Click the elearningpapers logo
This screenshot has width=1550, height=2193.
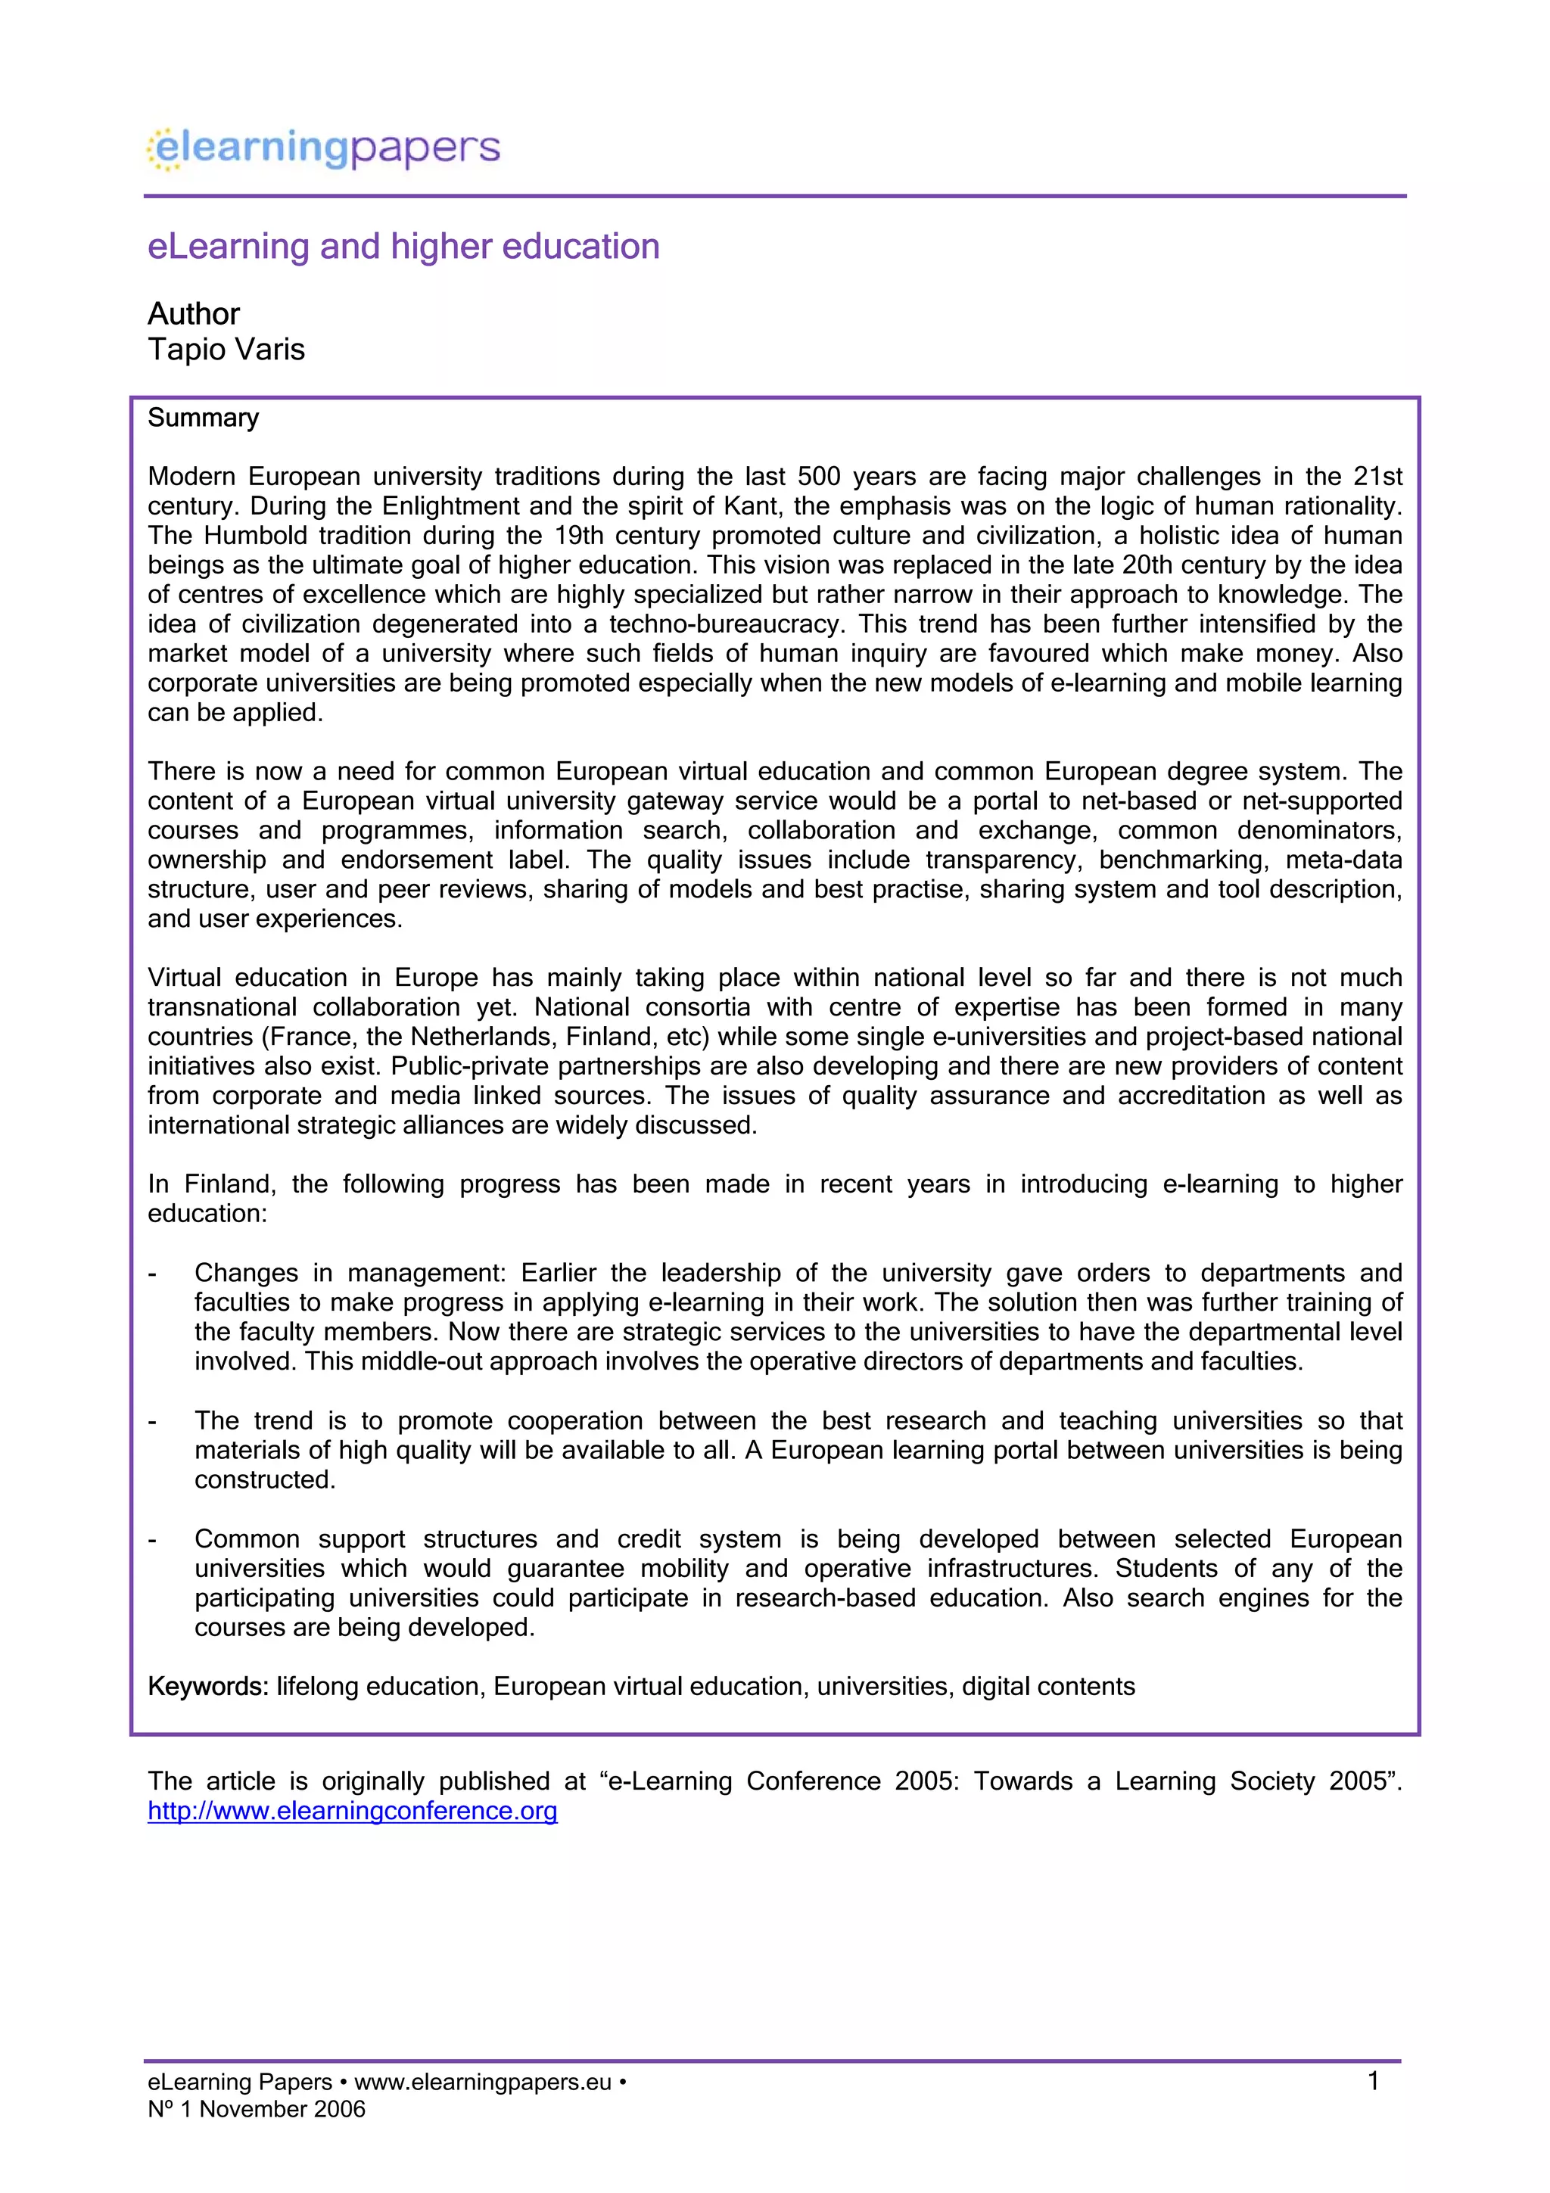(323, 149)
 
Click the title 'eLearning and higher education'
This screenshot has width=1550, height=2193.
(403, 247)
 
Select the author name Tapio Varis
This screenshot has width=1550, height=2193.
(226, 350)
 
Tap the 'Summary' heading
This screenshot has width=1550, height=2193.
(204, 418)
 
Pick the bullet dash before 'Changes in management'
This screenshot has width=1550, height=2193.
(152, 1274)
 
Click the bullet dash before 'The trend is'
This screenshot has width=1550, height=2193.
(152, 1421)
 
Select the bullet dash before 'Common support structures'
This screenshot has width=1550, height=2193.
(152, 1540)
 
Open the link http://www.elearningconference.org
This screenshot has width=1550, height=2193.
(353, 1812)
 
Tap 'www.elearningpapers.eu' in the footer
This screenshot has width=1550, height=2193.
(482, 2083)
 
